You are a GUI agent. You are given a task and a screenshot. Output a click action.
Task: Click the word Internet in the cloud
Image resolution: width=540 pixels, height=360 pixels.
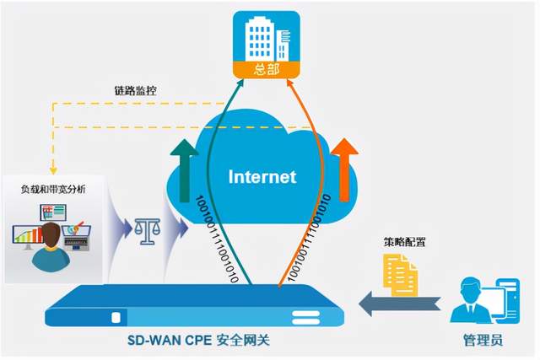click(x=262, y=176)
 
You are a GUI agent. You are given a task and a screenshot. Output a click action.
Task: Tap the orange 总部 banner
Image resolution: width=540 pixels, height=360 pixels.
click(x=267, y=70)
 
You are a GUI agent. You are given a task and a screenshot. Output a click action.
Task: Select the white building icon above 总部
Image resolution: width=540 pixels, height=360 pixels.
click(x=267, y=39)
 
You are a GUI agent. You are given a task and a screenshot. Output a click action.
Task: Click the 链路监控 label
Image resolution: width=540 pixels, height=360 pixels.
click(x=135, y=91)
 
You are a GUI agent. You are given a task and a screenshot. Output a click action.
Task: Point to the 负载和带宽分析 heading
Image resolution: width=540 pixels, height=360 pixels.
click(x=53, y=189)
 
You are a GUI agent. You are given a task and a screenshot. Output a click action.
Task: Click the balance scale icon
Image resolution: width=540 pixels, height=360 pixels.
click(x=148, y=231)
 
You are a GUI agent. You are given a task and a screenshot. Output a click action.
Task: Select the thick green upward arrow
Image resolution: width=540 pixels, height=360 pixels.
click(x=185, y=170)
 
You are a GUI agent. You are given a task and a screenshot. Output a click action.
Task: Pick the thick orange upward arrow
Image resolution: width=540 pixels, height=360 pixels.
click(x=344, y=169)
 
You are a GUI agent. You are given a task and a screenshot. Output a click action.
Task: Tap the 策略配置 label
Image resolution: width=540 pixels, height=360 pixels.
click(x=404, y=242)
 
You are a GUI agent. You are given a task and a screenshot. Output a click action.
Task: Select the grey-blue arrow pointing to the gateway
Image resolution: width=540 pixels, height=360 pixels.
click(x=399, y=304)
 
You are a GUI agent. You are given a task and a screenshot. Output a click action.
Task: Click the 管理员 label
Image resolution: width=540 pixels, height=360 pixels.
click(x=483, y=340)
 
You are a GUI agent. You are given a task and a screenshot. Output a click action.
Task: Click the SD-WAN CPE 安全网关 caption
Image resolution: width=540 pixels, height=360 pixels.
click(x=199, y=340)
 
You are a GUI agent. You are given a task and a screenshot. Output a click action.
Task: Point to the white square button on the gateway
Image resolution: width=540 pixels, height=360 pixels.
click(x=116, y=317)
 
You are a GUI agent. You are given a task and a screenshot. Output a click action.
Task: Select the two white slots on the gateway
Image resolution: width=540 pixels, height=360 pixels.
click(x=305, y=318)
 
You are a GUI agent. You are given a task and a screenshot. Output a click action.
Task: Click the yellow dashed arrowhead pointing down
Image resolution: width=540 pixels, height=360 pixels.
click(x=53, y=170)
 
